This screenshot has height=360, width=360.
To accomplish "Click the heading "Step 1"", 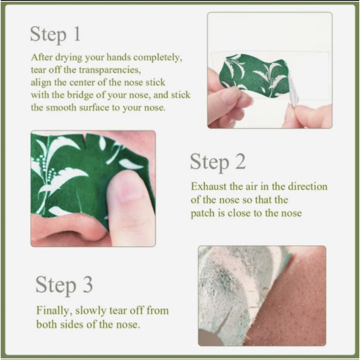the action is pyautogui.click(x=55, y=35).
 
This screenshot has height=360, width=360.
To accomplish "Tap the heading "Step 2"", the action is pyautogui.click(x=218, y=162).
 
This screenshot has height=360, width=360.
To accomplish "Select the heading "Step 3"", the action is pyautogui.click(x=64, y=285).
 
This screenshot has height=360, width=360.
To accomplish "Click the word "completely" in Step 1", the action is pyautogui.click(x=158, y=58).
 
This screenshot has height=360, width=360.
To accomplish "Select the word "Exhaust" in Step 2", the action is pyautogui.click(x=209, y=186).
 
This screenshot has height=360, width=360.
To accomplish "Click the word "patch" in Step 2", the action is pyautogui.click(x=203, y=213).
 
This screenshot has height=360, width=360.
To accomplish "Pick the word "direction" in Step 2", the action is pyautogui.click(x=308, y=186).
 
